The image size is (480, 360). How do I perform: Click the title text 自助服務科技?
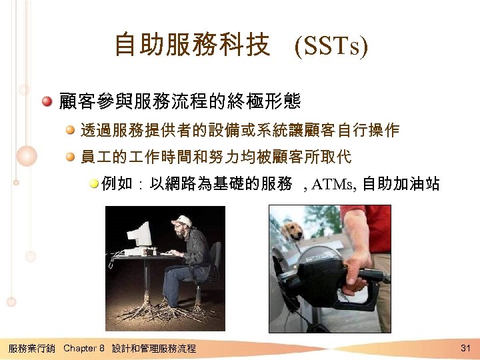click(x=192, y=46)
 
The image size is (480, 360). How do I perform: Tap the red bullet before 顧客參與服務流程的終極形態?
click(x=47, y=102)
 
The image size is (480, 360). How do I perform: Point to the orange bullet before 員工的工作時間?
click(x=70, y=158)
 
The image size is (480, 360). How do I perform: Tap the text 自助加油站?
click(x=401, y=184)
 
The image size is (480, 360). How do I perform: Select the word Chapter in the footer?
click(x=79, y=348)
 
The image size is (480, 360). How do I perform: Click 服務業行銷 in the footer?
click(x=31, y=348)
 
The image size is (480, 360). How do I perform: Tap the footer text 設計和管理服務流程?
click(x=154, y=348)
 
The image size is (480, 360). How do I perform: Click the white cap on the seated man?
click(x=181, y=220)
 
